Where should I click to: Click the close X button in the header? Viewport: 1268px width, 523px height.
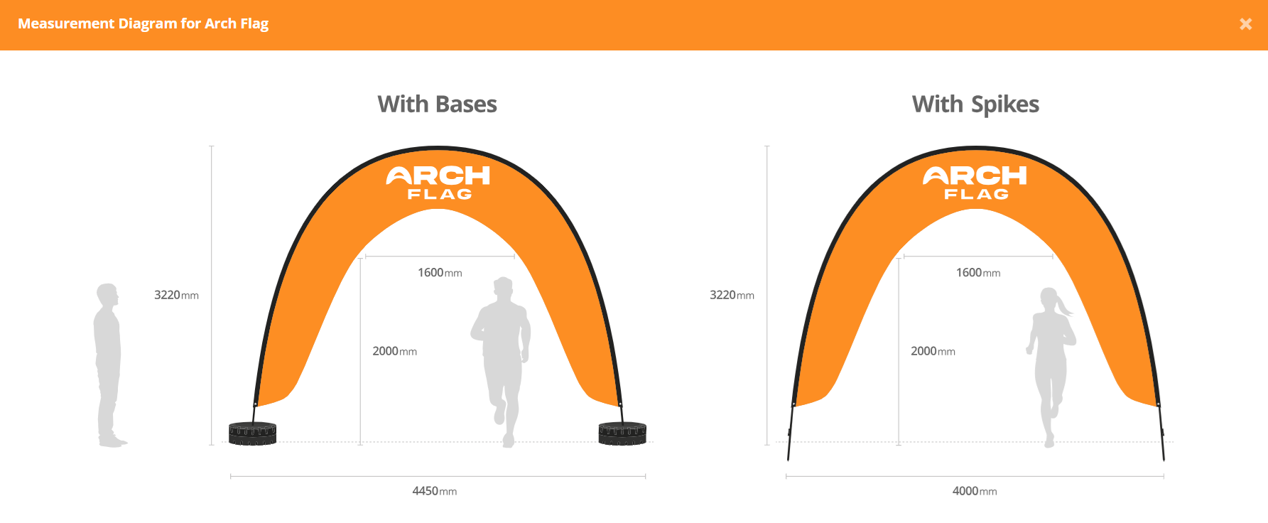click(x=1245, y=24)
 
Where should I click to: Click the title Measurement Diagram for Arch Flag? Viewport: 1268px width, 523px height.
click(x=143, y=23)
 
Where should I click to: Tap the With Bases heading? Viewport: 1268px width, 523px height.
click(x=437, y=104)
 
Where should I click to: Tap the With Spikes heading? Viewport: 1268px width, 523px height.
click(x=975, y=104)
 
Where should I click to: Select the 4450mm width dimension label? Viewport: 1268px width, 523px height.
click(x=435, y=491)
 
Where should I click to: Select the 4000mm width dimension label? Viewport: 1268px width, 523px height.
click(x=975, y=491)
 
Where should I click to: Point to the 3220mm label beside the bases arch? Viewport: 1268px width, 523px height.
click(x=176, y=295)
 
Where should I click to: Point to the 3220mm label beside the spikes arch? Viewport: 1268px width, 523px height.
click(x=732, y=295)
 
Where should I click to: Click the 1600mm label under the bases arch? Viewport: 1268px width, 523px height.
click(x=440, y=273)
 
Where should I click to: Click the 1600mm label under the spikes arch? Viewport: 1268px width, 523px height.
click(x=978, y=273)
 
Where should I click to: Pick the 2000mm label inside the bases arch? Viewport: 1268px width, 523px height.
click(x=395, y=351)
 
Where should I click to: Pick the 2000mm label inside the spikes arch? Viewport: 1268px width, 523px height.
click(x=933, y=351)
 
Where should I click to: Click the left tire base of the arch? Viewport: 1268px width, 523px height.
click(x=252, y=433)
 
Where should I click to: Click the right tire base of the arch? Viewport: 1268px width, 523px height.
click(x=622, y=433)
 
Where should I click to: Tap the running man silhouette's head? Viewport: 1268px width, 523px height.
click(x=503, y=289)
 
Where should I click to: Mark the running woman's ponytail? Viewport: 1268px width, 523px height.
click(x=1064, y=306)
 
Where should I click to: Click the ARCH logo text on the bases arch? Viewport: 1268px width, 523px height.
click(x=438, y=175)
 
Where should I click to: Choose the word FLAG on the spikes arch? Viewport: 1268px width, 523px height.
click(x=976, y=194)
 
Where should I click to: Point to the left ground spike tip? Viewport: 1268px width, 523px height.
click(x=789, y=460)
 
